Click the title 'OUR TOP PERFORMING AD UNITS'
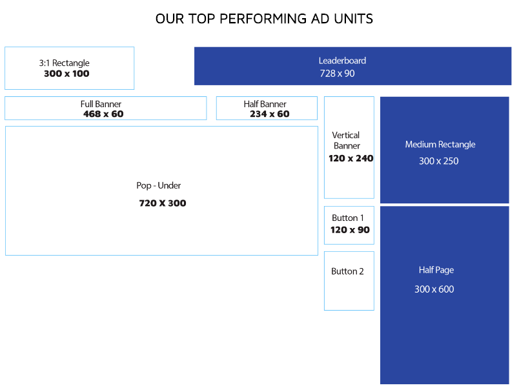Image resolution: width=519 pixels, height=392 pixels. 264,19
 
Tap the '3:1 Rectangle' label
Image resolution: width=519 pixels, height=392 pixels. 64,63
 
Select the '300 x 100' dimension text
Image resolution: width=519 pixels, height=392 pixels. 66,74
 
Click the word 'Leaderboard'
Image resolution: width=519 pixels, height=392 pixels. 342,61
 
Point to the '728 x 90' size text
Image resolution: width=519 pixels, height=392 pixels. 337,74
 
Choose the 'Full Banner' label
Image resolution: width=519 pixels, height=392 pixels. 101,104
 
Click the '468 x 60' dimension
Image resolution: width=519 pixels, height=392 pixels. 103,114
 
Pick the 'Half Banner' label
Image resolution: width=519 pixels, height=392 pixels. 265,104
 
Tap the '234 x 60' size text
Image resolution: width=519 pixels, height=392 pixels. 269,114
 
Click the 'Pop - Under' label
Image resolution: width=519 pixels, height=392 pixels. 159,185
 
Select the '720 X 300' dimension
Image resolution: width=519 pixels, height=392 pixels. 163,203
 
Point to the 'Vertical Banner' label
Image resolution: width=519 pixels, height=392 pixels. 346,140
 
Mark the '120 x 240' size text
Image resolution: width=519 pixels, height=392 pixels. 351,158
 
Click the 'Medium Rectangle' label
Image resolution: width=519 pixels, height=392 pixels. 440,145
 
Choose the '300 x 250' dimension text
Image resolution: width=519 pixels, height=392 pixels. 438,161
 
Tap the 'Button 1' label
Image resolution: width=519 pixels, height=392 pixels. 348,218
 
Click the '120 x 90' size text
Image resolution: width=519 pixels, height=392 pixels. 350,230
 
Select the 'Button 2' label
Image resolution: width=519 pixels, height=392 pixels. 347,271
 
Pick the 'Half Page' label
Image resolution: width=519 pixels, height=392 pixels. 436,270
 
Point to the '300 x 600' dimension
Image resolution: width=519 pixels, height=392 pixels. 434,289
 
